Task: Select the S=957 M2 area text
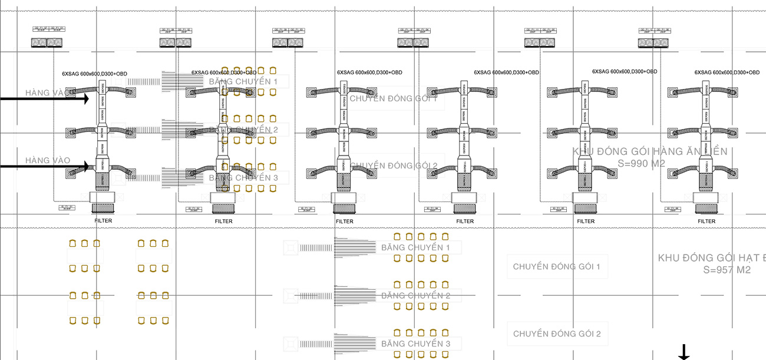coord(727,270)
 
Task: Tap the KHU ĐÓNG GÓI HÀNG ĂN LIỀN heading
coord(649,151)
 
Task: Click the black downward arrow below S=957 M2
coord(684,352)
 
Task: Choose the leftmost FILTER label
coord(103,221)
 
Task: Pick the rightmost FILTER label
coord(706,222)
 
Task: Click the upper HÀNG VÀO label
coord(48,93)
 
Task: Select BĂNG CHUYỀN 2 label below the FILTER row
coord(415,296)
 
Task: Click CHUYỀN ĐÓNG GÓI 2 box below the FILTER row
coord(557,334)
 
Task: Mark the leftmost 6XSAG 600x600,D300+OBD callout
coord(94,74)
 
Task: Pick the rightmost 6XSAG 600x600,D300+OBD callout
coord(727,72)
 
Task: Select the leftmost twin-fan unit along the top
coord(47,42)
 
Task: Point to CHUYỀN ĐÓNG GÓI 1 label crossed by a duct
coord(394,98)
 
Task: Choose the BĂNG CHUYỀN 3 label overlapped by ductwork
coord(243,177)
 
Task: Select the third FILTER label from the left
coord(345,222)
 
